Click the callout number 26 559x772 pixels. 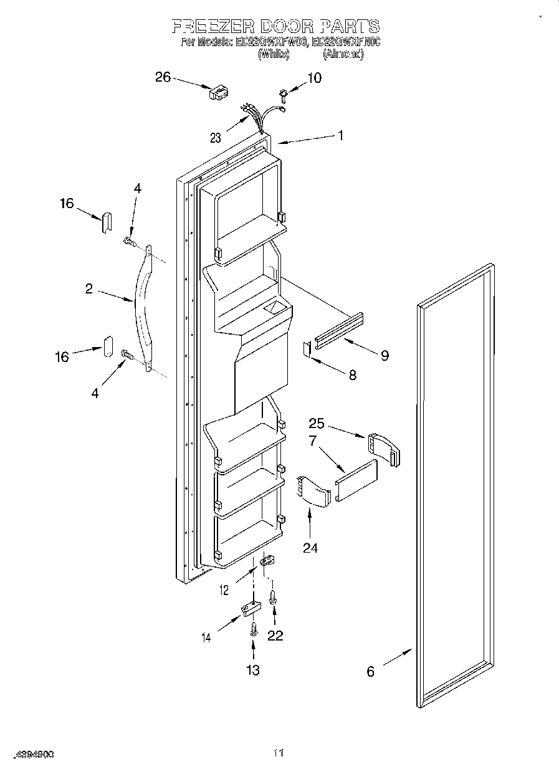[162, 77]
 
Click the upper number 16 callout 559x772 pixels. [67, 203]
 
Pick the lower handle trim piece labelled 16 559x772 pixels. [107, 346]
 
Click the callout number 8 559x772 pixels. [352, 375]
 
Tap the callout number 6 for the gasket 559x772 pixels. [370, 672]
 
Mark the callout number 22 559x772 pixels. [275, 636]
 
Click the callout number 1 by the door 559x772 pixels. [340, 135]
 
